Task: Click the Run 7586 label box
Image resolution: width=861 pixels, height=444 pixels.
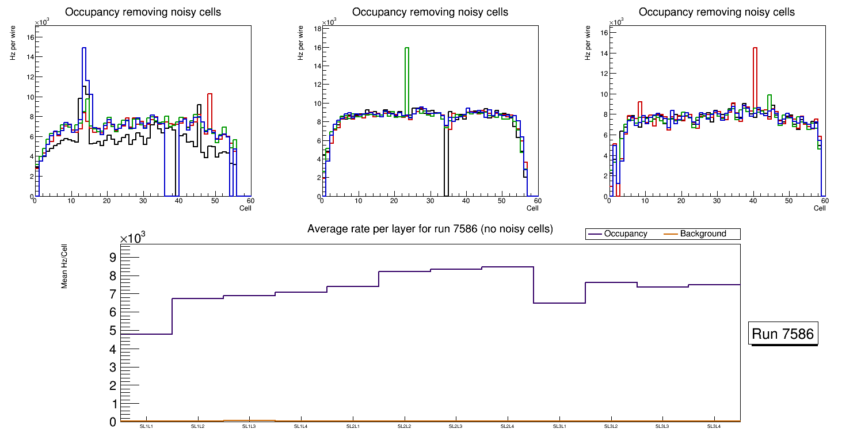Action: tap(783, 334)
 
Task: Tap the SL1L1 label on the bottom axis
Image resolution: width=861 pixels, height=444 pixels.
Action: tap(146, 426)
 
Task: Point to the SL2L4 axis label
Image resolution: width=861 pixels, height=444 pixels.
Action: tap(508, 426)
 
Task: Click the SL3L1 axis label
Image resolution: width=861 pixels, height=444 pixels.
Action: tap(559, 426)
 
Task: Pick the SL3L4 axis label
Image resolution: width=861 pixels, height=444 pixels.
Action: tap(714, 426)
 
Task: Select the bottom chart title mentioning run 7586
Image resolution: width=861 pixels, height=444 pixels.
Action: tap(430, 229)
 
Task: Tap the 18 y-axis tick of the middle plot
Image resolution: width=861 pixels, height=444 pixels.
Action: tap(317, 28)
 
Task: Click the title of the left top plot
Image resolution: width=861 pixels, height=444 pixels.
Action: tap(143, 12)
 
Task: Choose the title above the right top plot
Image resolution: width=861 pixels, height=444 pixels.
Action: tap(717, 12)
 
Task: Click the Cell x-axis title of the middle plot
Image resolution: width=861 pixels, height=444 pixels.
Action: tap(532, 208)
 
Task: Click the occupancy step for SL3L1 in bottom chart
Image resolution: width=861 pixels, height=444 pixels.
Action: tap(559, 303)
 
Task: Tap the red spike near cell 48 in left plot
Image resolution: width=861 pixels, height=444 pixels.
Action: tap(210, 109)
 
